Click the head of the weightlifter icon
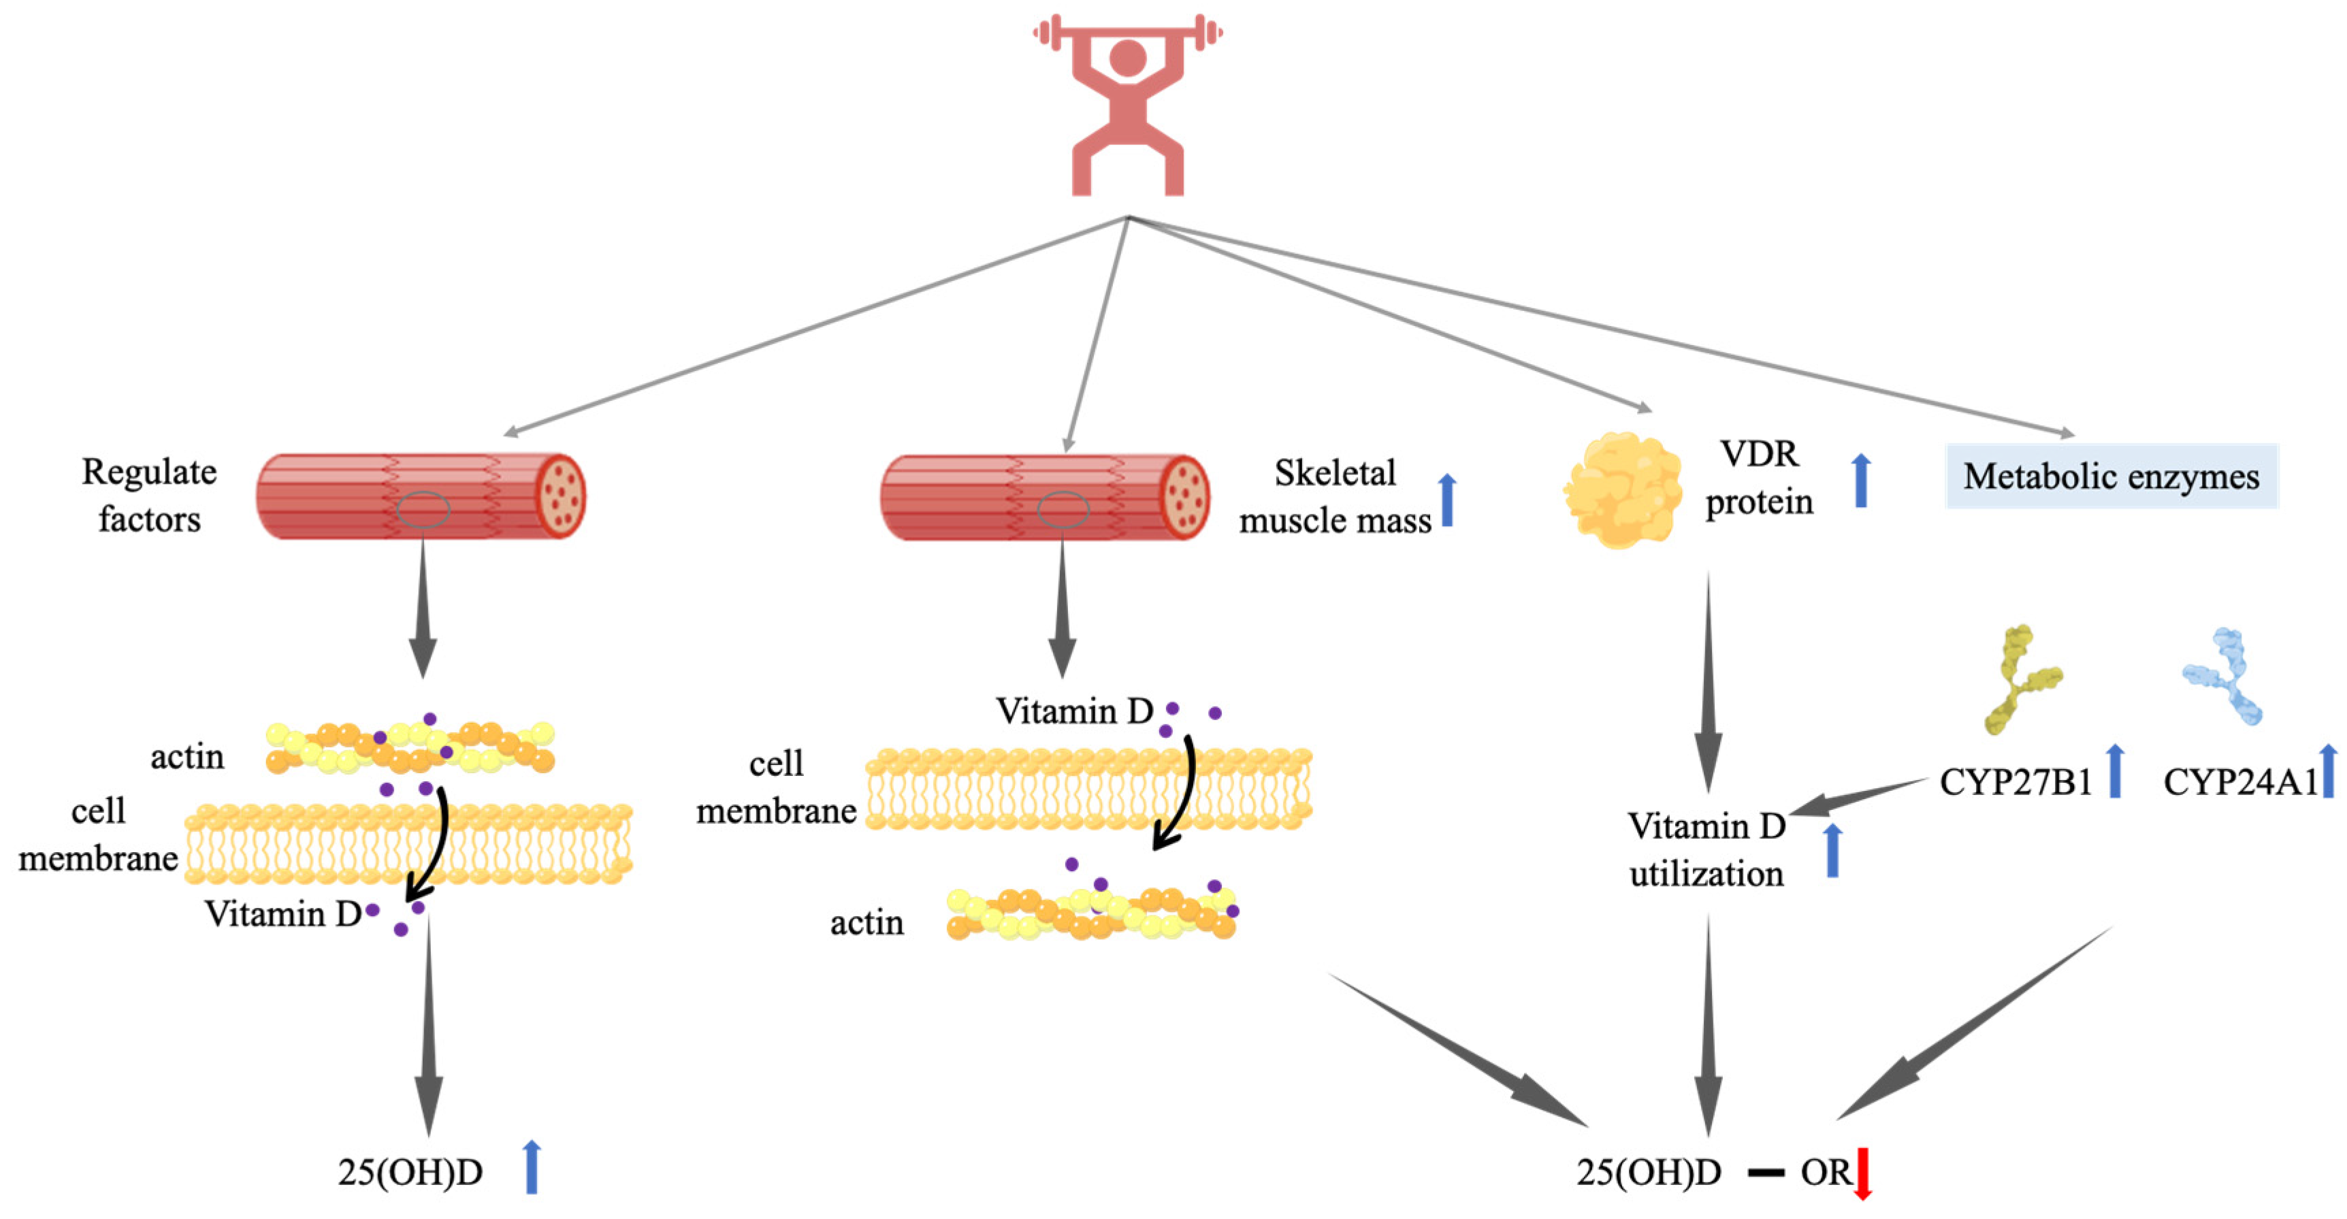point(1128,57)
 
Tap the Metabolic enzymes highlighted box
point(2111,476)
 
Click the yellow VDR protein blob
point(1623,490)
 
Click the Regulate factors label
point(150,495)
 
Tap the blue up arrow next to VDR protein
point(1862,480)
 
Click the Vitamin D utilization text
point(1706,850)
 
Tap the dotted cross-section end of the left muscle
point(560,497)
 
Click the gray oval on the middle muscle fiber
point(1063,509)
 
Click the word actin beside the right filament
point(867,923)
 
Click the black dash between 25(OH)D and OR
point(1766,1173)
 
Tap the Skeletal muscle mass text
point(1335,497)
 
